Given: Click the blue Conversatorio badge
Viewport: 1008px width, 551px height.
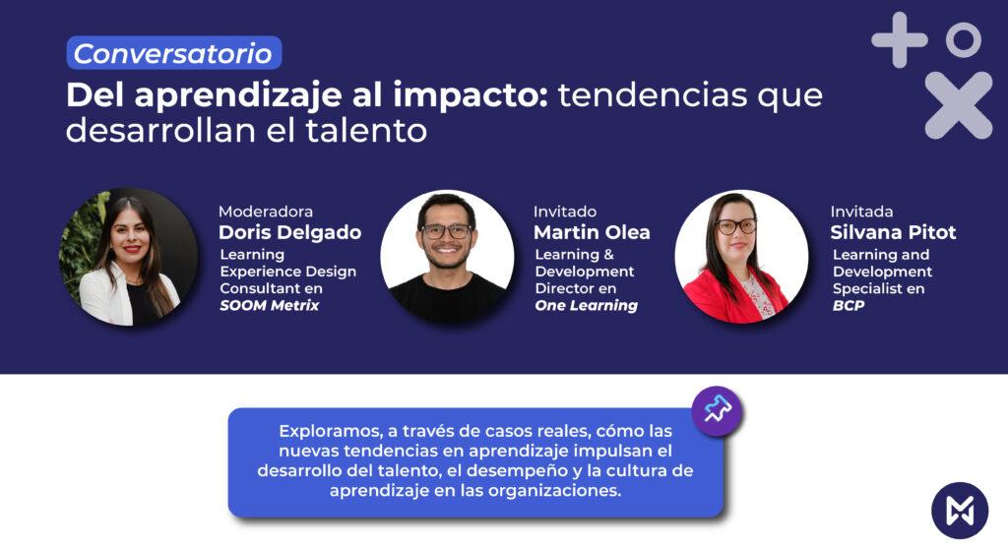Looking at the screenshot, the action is (174, 53).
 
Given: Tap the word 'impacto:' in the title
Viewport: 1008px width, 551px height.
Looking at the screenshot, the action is (471, 94).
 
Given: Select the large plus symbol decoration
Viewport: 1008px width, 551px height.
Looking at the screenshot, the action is (900, 39).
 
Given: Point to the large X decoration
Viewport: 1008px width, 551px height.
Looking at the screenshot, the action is (959, 105).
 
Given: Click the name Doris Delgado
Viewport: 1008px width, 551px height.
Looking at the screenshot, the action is (290, 232).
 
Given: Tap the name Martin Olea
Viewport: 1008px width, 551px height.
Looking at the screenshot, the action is (592, 232).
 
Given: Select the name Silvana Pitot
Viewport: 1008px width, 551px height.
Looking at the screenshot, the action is (893, 232).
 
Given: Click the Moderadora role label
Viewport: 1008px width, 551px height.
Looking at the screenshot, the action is (266, 212).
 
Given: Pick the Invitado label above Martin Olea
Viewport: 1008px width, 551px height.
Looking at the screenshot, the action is (565, 212).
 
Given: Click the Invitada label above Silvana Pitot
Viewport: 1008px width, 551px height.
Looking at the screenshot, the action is (861, 212).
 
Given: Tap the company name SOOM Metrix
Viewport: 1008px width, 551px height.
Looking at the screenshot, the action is (270, 306).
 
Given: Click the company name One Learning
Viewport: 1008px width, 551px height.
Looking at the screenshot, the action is (587, 306).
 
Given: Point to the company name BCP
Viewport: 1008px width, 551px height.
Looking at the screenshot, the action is (849, 306).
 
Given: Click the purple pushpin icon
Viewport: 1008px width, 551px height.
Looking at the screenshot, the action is (717, 410).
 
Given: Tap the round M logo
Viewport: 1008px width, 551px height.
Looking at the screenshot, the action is (960, 511).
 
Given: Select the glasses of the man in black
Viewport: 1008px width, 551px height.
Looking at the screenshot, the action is (446, 231).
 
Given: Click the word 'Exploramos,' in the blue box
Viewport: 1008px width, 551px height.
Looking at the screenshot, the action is (331, 432).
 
